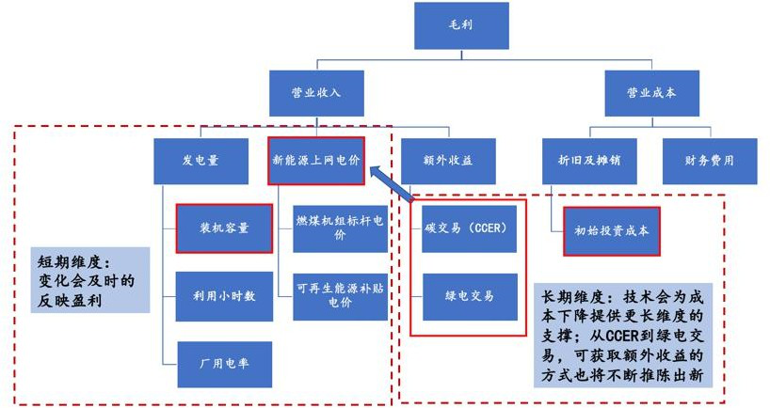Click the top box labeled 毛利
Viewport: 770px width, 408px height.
(460, 26)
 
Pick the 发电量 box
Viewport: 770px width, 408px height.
(201, 159)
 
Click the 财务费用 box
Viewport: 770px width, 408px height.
(710, 159)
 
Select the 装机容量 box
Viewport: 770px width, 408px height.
(224, 228)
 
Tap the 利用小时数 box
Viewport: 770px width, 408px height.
(224, 296)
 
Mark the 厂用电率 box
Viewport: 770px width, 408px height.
(224, 362)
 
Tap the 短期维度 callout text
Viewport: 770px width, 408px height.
(86, 280)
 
